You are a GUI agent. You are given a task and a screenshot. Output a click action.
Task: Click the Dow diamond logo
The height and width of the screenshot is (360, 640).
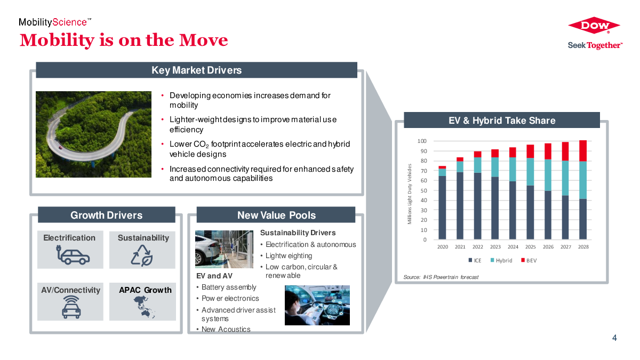click(x=594, y=25)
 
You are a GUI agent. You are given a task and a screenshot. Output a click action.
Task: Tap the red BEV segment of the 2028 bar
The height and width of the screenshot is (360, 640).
click(x=583, y=151)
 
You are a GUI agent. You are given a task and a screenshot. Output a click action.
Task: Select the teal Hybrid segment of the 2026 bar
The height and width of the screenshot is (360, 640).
click(x=548, y=175)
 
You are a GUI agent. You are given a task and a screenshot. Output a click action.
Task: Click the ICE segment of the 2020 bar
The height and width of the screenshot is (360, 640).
click(x=442, y=207)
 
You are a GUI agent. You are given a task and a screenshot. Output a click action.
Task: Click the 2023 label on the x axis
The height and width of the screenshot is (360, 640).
click(x=495, y=247)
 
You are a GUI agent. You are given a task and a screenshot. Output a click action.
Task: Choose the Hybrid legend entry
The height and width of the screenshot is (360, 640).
click(x=501, y=260)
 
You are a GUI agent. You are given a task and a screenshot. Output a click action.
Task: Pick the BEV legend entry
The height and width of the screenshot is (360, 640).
click(x=529, y=260)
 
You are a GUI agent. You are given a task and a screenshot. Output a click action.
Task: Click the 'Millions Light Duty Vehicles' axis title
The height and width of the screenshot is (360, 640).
click(x=410, y=194)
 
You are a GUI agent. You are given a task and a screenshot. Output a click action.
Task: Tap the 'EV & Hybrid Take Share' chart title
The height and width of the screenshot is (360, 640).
click(x=502, y=121)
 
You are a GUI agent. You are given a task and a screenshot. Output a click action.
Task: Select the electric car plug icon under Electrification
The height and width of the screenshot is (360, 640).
click(x=73, y=254)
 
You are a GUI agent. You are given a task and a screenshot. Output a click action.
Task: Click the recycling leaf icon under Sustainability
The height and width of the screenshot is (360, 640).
click(x=142, y=255)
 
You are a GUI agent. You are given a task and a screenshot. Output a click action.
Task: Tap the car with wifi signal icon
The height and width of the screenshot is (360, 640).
click(x=71, y=307)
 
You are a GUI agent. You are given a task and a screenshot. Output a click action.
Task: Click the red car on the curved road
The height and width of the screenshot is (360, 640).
click(x=60, y=148)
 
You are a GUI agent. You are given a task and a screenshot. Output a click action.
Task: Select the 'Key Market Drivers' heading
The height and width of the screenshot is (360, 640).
click(x=197, y=70)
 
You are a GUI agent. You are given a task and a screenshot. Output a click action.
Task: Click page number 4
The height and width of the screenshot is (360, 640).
click(x=614, y=338)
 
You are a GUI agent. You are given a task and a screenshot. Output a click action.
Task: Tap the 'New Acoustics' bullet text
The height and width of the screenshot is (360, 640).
click(x=226, y=329)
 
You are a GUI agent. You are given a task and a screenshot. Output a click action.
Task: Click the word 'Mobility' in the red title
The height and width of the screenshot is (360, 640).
click(x=57, y=41)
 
